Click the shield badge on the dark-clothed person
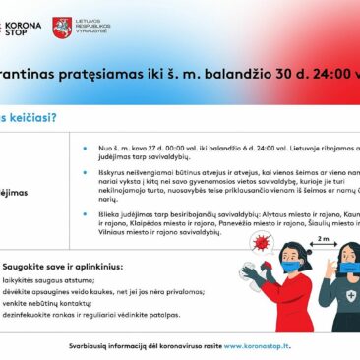351,296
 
